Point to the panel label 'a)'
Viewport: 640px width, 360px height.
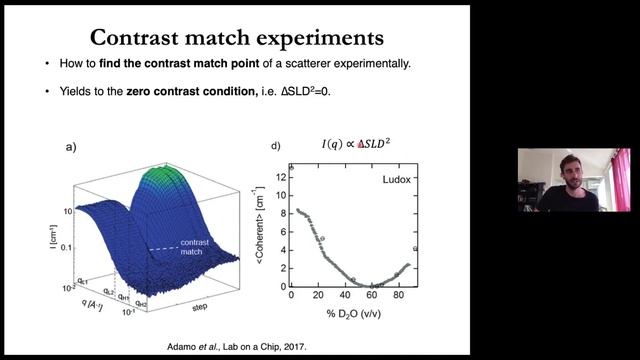[72, 147]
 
